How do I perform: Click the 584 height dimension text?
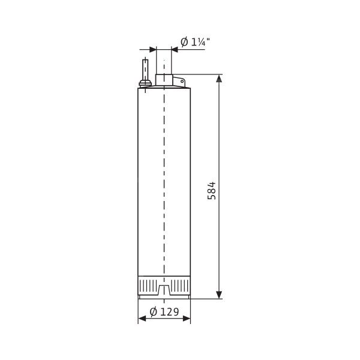pos(212,191)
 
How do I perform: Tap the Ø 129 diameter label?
pos(164,312)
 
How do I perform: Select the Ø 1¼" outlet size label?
pos(195,42)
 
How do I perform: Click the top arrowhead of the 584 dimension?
pos(219,78)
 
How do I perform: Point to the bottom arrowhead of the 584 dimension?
pos(219,295)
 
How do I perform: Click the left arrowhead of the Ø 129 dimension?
pos(142,319)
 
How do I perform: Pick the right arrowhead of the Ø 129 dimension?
pos(187,319)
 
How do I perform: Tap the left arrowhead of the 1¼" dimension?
pos(152,49)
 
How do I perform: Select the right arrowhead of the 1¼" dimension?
pos(175,49)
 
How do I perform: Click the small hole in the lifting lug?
pos(182,81)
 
